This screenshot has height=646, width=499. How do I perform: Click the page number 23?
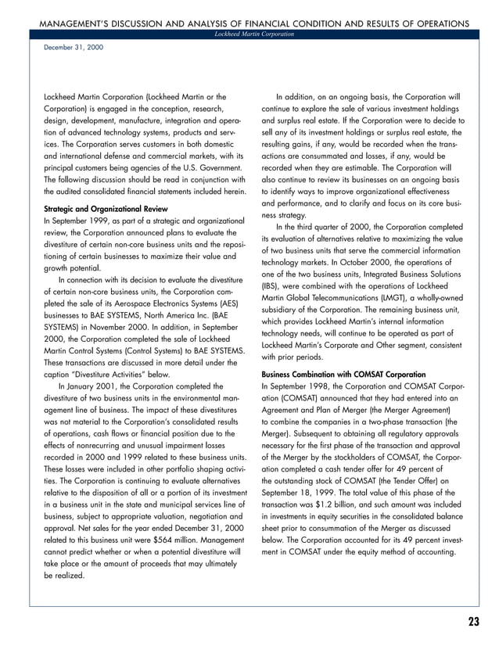[x=473, y=622]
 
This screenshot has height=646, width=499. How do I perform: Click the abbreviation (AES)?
[x=226, y=303]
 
